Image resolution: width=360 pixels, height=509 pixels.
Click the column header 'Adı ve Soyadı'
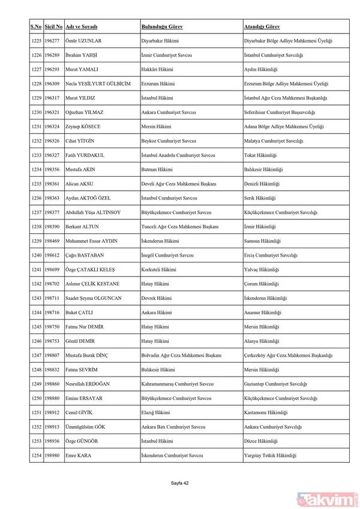81,28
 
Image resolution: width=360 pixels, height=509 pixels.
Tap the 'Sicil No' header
53,28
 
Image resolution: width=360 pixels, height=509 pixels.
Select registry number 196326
53,141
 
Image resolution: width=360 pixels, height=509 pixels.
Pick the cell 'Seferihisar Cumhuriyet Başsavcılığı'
279,112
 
